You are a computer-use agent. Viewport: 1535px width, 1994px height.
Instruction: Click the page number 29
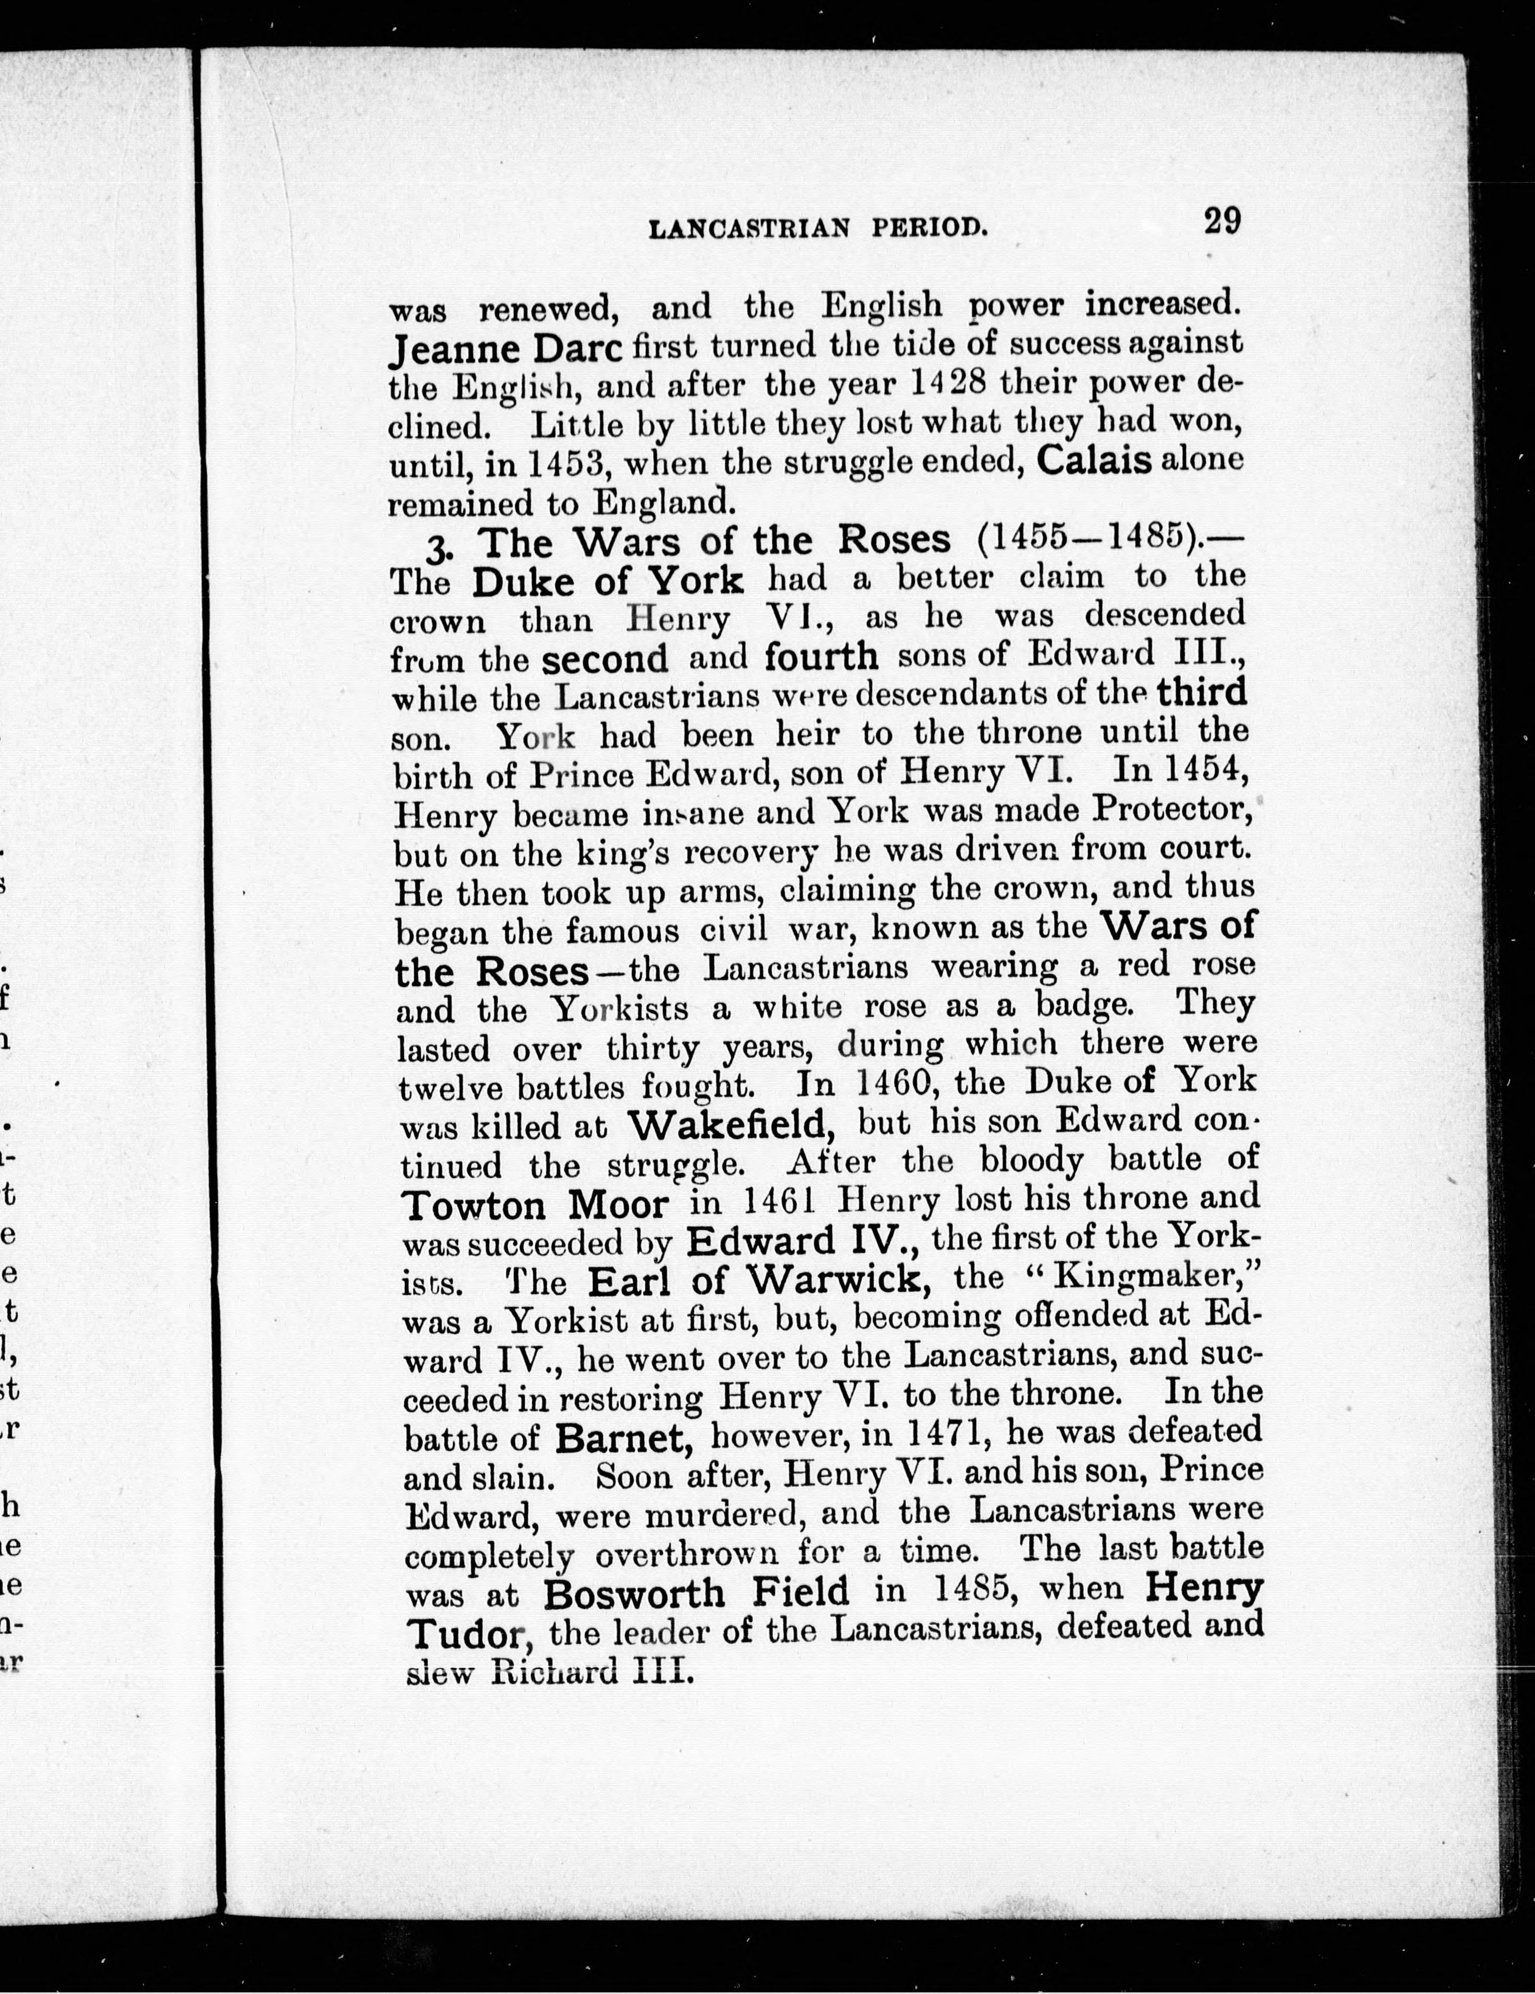tap(1221, 223)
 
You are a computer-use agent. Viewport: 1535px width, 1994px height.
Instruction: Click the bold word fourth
tap(822, 657)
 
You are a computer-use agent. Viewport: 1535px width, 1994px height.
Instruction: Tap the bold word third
tap(1201, 693)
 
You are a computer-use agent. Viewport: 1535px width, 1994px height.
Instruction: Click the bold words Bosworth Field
tap(696, 1593)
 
